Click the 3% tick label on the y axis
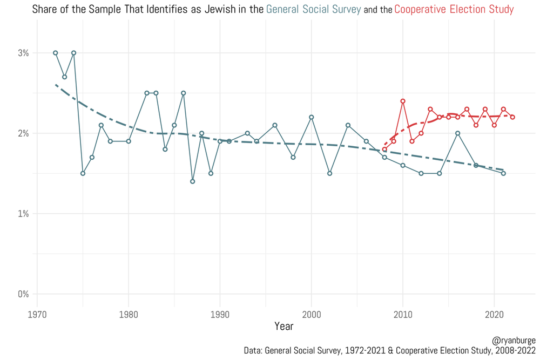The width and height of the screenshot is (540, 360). [23, 53]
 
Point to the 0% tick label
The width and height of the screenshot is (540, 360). [23, 294]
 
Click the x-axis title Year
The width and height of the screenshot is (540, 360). [284, 326]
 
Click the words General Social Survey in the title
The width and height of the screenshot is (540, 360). [313, 9]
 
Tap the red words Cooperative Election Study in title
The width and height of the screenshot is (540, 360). [454, 9]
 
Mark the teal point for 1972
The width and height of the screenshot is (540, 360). [55, 53]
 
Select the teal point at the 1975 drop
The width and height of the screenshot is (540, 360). [83, 173]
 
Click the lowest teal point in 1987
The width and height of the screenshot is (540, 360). [192, 181]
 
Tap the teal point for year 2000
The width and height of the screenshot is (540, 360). [311, 117]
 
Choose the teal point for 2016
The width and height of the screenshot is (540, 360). [457, 133]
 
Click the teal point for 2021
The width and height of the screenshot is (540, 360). [503, 173]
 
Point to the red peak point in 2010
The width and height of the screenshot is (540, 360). [403, 101]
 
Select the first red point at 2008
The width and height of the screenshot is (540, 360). [384, 150]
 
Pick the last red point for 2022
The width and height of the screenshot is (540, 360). [512, 117]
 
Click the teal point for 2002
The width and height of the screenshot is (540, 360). [329, 173]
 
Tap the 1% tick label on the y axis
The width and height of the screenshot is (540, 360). [23, 214]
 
